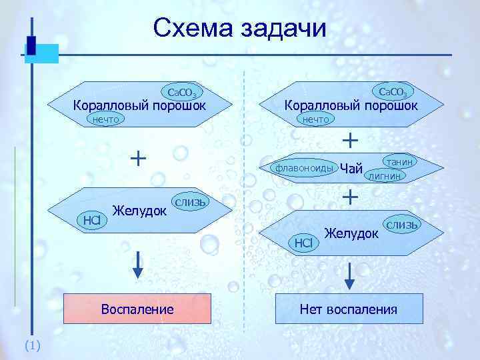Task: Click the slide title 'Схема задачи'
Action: [x=239, y=28]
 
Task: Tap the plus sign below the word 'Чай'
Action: [x=349, y=196]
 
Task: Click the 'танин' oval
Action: [x=399, y=161]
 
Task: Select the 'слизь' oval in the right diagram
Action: [x=403, y=225]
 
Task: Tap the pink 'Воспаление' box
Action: [x=137, y=309]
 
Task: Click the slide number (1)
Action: [x=32, y=345]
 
